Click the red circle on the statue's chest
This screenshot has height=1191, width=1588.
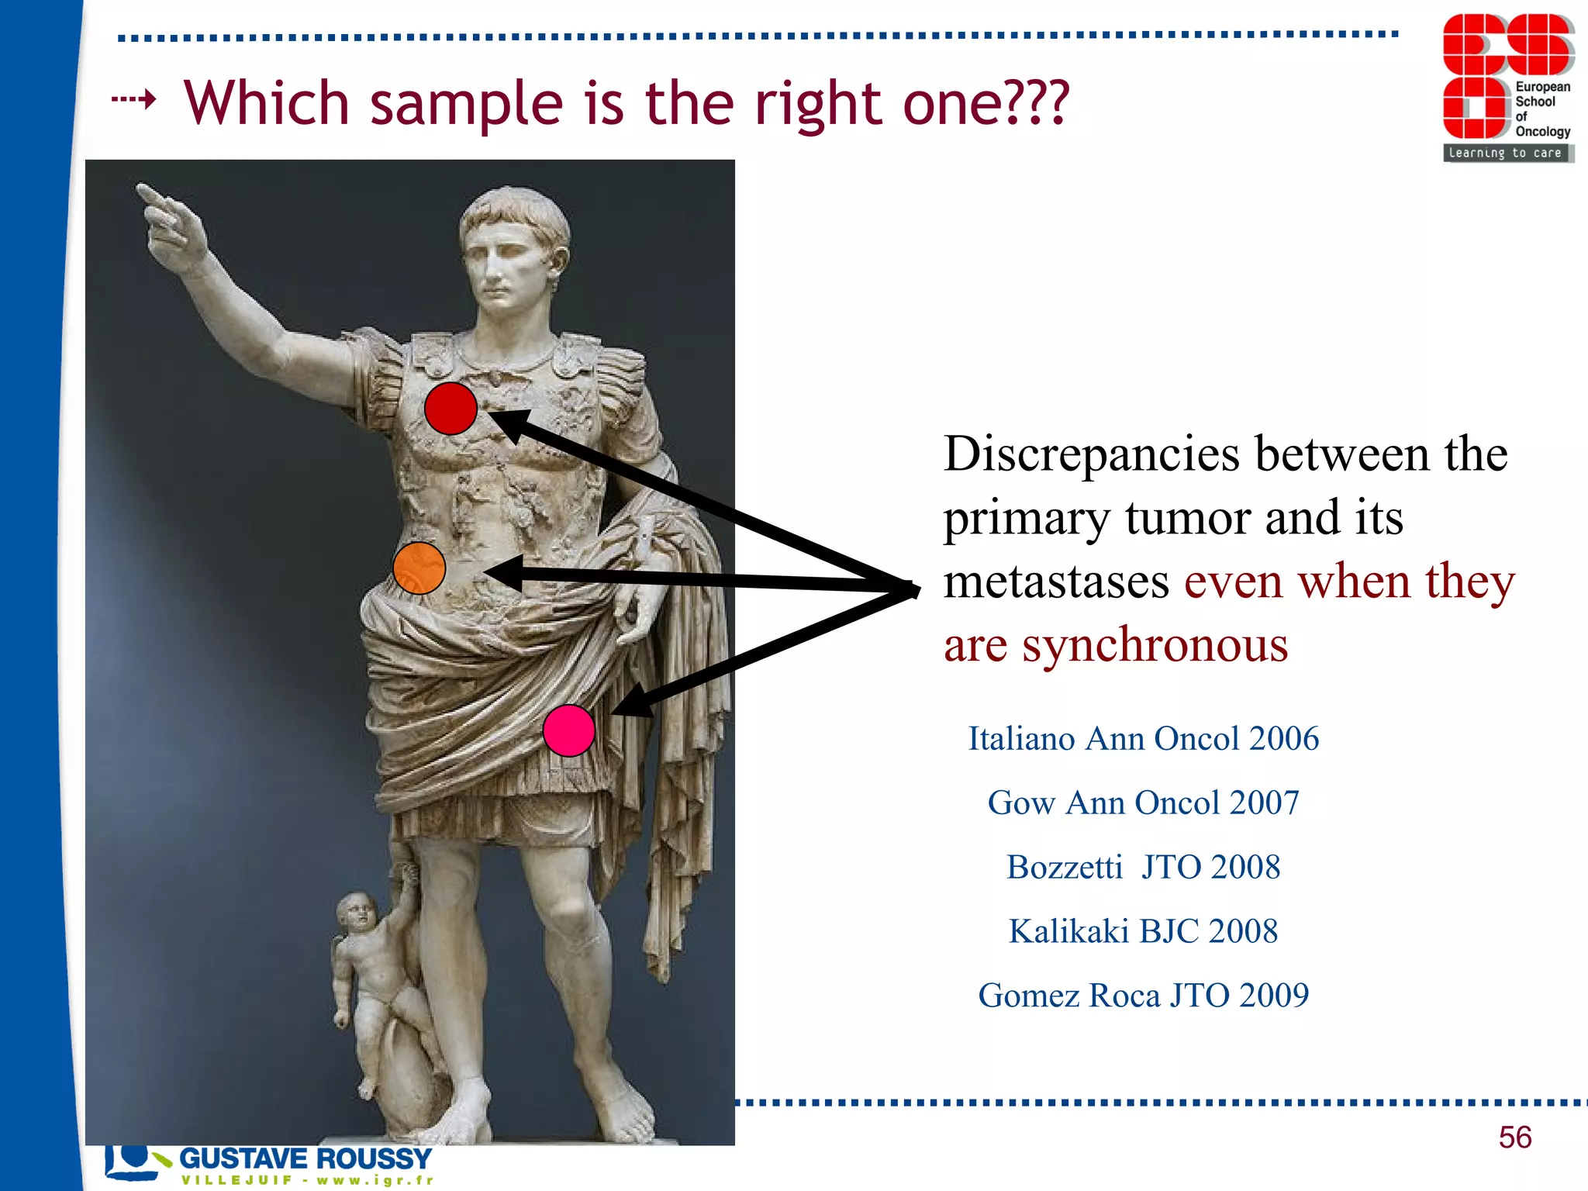451,408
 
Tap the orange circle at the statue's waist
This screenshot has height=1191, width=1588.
419,568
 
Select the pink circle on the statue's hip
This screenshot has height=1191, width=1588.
568,730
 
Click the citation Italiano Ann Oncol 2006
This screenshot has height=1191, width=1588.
1143,738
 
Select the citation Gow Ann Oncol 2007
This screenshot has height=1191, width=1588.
1143,803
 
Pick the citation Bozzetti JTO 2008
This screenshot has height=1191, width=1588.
1143,867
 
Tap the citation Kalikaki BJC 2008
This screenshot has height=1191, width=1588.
1143,931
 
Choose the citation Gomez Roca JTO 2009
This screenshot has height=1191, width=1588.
1143,996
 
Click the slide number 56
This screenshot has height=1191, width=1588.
1514,1137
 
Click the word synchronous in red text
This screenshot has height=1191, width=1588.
1155,645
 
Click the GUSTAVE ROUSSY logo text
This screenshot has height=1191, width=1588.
305,1158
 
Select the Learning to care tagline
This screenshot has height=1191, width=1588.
1505,154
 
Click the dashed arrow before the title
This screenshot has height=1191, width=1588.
134,99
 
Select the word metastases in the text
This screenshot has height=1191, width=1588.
1056,582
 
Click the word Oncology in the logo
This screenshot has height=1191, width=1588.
1542,131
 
